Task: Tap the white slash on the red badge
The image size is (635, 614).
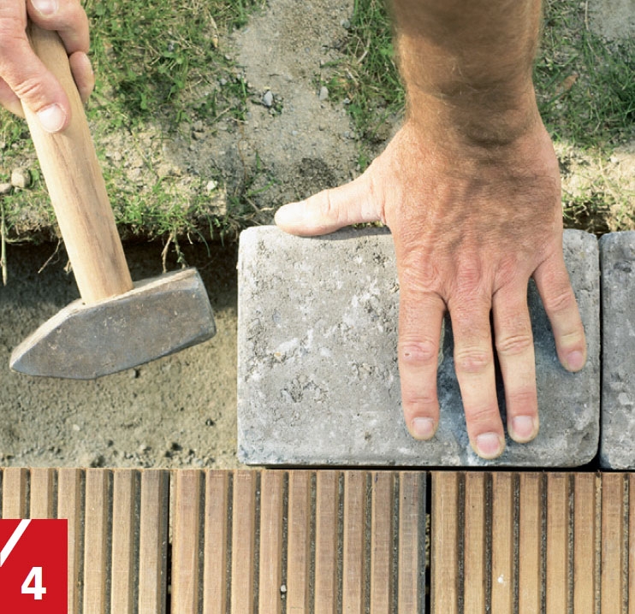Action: pos(15,541)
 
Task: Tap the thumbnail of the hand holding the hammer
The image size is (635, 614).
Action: pos(52,118)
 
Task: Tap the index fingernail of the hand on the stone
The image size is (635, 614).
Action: pos(423,428)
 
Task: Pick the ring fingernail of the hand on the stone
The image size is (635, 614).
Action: pos(522,427)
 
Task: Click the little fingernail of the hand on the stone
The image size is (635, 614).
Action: pos(574,360)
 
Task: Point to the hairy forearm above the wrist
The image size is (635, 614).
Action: pos(470,61)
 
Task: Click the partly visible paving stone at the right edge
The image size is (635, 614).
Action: pos(617,350)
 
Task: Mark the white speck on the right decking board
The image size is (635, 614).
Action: pos(501,580)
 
